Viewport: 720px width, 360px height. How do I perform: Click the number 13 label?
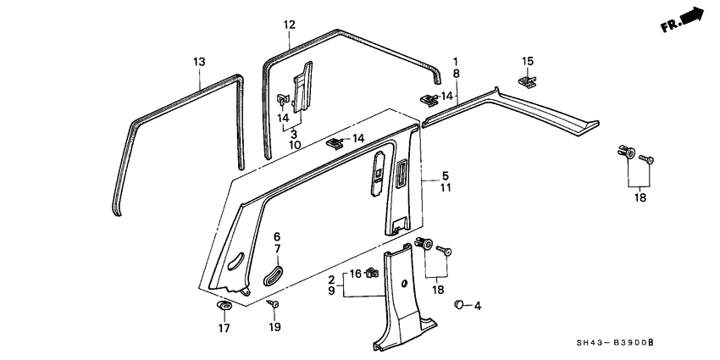199,62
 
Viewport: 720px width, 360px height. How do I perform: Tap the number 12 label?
289,25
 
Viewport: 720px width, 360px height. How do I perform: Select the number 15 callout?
528,61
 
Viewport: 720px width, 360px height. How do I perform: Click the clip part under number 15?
527,81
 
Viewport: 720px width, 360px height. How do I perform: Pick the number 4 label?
478,305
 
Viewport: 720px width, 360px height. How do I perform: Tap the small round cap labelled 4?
458,303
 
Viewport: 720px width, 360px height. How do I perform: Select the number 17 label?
224,328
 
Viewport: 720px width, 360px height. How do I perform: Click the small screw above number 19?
274,304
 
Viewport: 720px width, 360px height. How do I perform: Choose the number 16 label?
356,274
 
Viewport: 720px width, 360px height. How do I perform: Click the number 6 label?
276,236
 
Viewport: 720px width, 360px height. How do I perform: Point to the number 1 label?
456,62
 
